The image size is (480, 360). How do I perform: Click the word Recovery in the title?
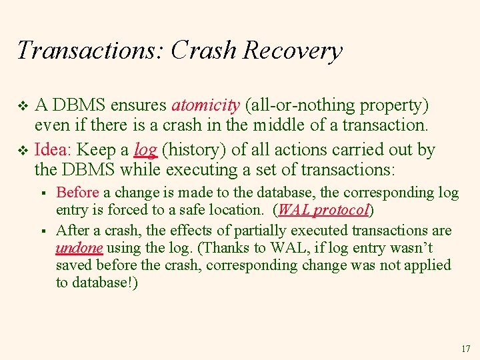(293, 51)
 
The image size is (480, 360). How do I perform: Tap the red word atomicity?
(205, 105)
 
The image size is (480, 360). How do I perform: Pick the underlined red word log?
(145, 150)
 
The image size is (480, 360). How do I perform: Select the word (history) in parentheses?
(193, 150)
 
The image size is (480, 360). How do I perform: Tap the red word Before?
(77, 193)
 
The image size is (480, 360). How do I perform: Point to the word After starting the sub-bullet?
(72, 231)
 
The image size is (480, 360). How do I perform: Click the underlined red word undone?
(79, 248)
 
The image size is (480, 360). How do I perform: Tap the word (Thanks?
(221, 248)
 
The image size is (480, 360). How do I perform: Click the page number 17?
(465, 349)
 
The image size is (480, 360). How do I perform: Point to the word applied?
(426, 265)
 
